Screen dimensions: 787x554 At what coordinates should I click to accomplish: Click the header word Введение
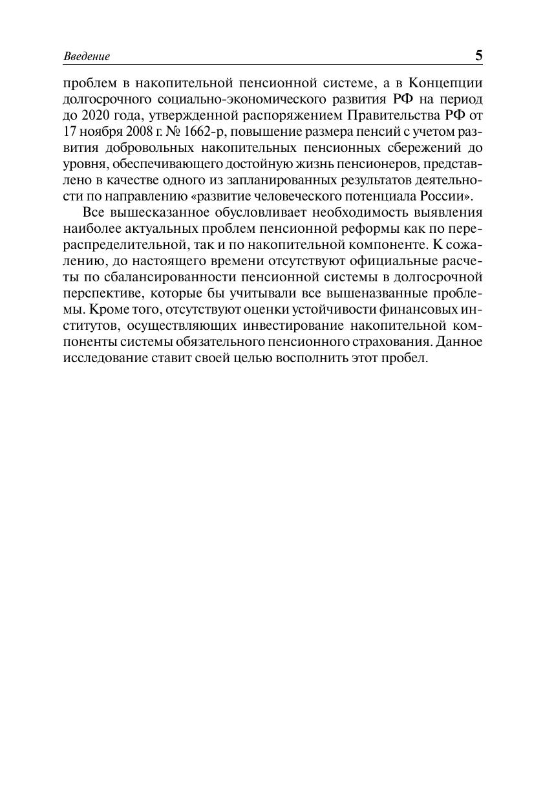pos(87,57)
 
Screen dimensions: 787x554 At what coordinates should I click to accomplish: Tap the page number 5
pos(478,56)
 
